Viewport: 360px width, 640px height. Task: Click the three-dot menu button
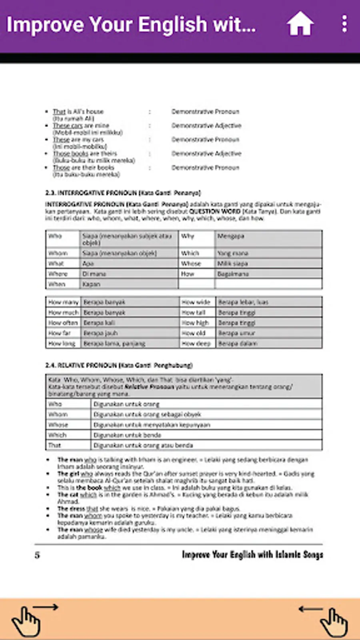pos(344,24)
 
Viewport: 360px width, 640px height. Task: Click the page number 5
pos(37,555)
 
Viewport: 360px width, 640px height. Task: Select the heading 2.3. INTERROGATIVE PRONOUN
pos(123,193)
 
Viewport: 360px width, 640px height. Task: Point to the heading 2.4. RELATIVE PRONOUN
pos(119,365)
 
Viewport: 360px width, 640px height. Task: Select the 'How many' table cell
pos(63,302)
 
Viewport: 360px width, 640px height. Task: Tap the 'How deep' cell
pos(196,343)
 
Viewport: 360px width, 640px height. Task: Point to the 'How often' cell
pos(63,322)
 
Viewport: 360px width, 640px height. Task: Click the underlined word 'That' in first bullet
pos(59,112)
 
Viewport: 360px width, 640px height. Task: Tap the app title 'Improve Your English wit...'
pos(131,25)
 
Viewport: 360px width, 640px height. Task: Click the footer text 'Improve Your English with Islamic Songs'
pos(252,554)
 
